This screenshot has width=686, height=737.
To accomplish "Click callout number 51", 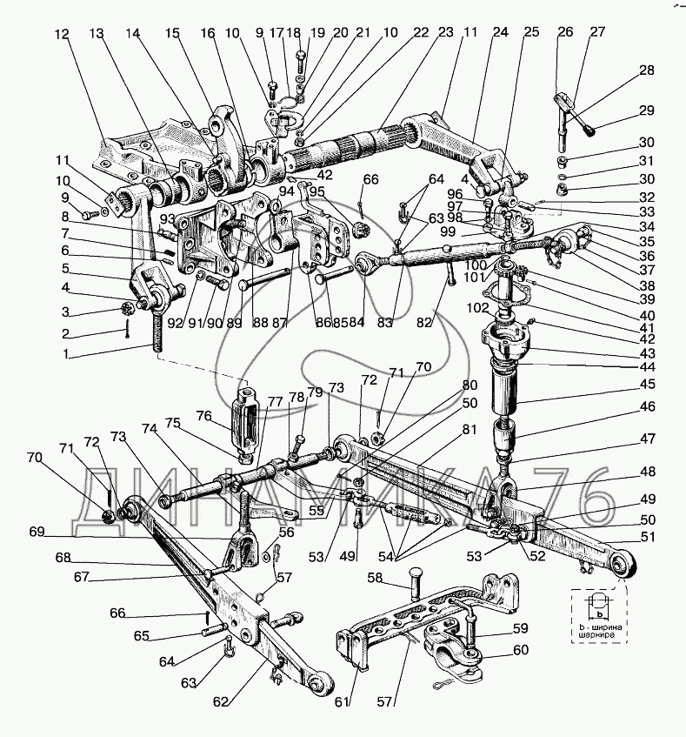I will point(647,537).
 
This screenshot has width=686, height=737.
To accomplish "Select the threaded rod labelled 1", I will point(160,335).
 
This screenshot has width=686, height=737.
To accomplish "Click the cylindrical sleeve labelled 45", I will point(511,382).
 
